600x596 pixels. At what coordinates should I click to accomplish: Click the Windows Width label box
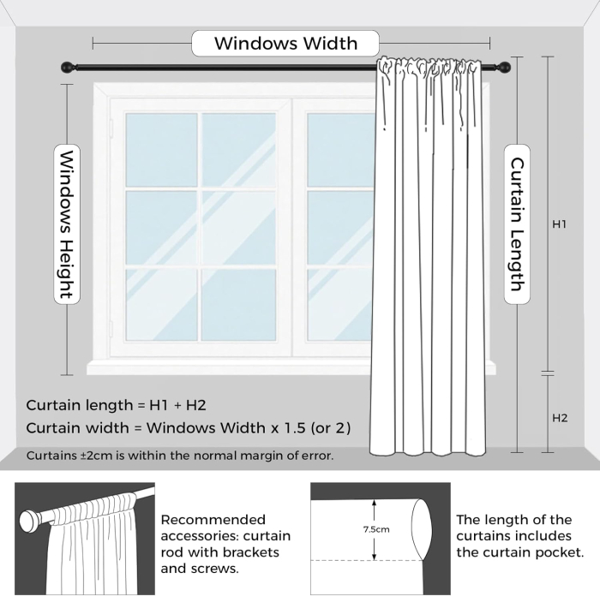click(x=285, y=43)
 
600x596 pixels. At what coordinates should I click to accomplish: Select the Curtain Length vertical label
click(x=518, y=223)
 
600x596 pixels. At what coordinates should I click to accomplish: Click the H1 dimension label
click(x=560, y=224)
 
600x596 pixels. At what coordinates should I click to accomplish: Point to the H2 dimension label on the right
click(x=560, y=419)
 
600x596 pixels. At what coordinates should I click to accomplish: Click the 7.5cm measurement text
click(x=375, y=529)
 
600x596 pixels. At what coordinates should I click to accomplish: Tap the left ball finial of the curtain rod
click(x=65, y=67)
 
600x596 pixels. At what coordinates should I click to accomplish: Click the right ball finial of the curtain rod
click(x=506, y=67)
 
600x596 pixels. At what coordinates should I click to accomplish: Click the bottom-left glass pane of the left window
click(x=160, y=304)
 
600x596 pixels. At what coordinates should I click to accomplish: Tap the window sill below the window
click(x=231, y=367)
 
